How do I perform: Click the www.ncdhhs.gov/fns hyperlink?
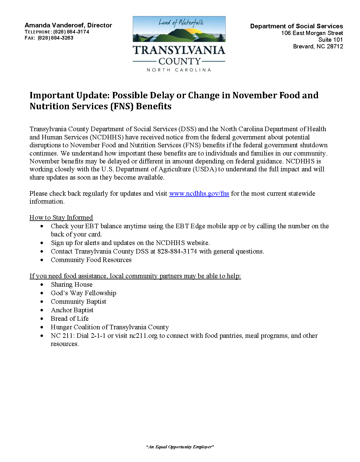coord(199,194)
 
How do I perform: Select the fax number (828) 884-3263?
coord(55,38)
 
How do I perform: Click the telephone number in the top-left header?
coord(71,32)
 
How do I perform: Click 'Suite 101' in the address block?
coord(330,40)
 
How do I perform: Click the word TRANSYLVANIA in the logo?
coord(179,50)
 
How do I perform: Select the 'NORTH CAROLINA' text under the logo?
coord(179,70)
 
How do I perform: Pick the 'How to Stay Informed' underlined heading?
coord(61,218)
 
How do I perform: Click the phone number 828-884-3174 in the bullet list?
coord(177,251)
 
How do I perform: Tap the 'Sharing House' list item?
coord(72,285)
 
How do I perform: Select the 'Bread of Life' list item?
coord(69,319)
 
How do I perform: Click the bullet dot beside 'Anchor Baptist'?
coord(42,310)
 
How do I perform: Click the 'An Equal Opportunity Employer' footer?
coord(180,447)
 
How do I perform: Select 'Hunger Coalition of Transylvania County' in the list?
coord(110,327)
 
